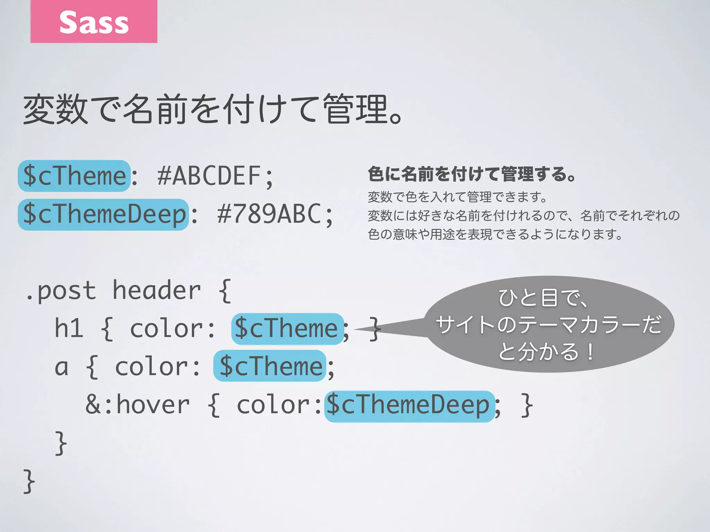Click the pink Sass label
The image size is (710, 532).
tap(94, 21)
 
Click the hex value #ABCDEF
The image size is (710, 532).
tap(209, 176)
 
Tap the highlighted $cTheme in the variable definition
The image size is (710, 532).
tap(74, 176)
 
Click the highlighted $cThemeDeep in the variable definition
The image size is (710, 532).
tap(103, 214)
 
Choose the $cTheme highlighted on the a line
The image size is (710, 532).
tap(270, 366)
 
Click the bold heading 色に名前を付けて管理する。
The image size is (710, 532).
tap(471, 174)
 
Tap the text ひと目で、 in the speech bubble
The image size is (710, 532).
tap(544, 298)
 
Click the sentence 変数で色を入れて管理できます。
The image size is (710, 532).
tap(457, 197)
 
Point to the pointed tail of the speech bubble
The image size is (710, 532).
tap(367, 328)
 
